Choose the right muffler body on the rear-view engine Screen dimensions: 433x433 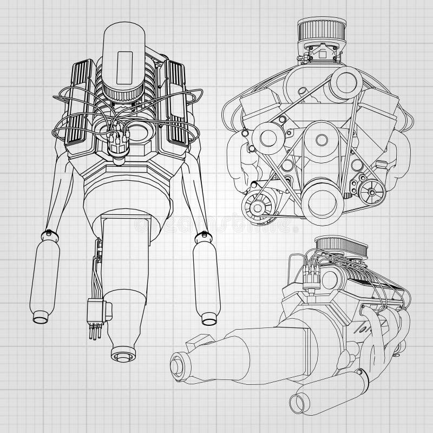coord(206,279)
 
